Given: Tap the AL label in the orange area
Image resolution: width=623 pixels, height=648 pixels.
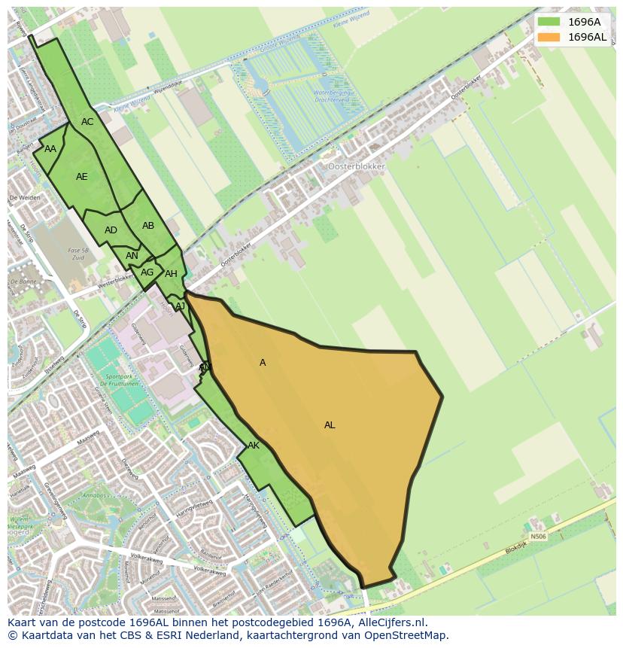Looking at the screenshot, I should [330, 425].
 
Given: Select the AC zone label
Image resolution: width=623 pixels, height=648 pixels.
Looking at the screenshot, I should [87, 122].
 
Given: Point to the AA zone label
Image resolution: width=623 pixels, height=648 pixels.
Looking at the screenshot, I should [50, 149].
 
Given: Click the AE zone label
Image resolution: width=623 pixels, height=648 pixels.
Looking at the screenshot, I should [82, 177].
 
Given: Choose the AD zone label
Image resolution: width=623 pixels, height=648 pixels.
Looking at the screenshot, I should [111, 230].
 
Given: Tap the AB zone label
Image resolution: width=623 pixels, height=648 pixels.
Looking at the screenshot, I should [148, 226].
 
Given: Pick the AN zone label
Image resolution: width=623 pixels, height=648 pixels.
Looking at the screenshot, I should [132, 256].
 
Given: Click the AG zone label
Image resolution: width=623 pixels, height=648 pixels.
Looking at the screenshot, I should [147, 272].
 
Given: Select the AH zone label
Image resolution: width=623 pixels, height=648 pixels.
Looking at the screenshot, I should [171, 274].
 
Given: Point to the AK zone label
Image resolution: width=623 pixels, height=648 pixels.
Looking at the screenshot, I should [254, 446].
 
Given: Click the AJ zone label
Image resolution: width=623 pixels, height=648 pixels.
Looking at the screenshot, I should [180, 306].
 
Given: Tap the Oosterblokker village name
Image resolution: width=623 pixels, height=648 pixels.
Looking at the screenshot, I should [356, 166].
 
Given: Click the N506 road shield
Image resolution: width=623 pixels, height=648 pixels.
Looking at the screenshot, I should [536, 537].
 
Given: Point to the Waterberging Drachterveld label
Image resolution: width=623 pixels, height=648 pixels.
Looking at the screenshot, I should [332, 96].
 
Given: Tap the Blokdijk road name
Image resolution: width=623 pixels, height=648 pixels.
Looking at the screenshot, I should [515, 549].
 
